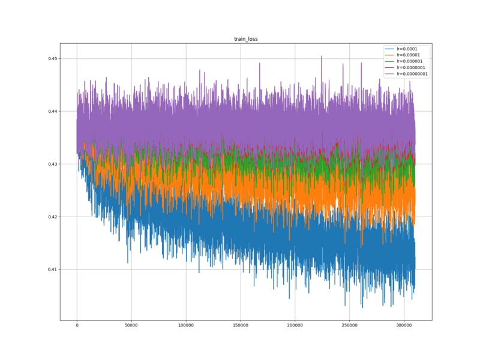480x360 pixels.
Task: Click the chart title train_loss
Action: click(245, 39)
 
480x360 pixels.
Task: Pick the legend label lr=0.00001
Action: click(407, 55)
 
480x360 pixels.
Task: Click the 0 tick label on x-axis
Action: click(77, 325)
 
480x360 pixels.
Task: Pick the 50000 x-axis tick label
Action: click(131, 325)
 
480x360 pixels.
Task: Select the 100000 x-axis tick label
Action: click(186, 325)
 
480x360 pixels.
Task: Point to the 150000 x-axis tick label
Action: click(241, 325)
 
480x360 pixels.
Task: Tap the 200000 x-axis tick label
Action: click(295, 325)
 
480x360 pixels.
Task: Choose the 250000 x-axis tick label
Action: click(350, 325)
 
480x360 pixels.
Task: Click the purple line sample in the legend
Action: click(390, 74)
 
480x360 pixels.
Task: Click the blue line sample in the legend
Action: click(390, 49)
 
